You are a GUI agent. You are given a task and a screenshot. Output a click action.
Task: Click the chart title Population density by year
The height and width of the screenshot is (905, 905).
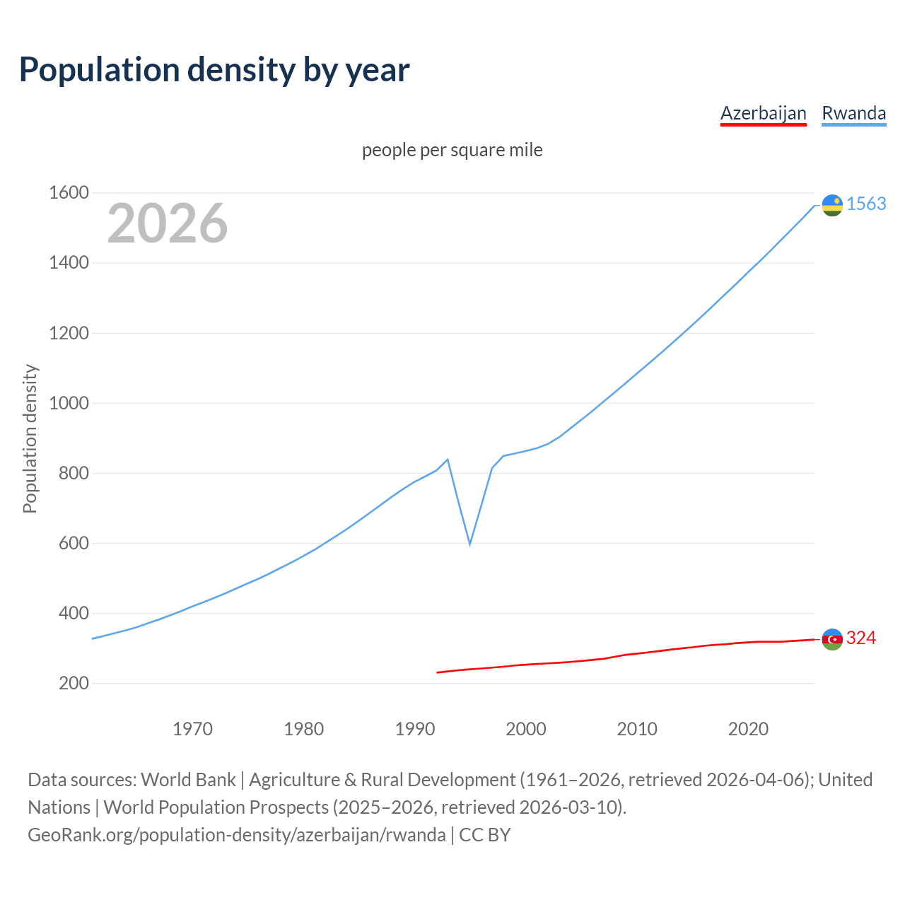(214, 70)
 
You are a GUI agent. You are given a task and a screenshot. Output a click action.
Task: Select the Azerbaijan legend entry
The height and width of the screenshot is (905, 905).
(763, 113)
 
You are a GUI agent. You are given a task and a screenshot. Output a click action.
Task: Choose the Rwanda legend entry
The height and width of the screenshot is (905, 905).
(853, 113)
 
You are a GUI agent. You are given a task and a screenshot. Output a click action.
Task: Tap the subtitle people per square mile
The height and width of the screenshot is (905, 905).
(452, 150)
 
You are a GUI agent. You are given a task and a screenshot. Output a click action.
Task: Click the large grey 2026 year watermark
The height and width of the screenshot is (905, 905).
(168, 223)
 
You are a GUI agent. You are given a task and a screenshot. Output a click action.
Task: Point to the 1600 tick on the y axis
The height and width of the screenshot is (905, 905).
(69, 192)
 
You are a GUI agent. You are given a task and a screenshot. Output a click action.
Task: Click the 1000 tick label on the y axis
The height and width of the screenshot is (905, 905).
(69, 403)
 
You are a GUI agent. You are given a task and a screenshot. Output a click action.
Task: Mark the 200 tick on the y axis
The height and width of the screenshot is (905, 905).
(74, 683)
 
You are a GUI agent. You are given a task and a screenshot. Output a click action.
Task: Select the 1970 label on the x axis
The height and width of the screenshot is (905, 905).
(192, 729)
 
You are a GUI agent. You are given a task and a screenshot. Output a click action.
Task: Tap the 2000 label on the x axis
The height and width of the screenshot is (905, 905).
(526, 729)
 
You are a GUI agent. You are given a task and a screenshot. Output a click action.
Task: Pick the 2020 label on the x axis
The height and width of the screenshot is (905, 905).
(748, 729)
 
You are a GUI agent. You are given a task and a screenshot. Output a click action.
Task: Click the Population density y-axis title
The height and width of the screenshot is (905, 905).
(30, 438)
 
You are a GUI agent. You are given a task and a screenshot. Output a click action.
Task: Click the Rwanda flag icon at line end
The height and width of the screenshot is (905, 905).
(832, 205)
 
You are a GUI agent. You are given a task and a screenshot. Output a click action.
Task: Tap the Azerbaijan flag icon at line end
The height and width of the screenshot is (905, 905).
(832, 639)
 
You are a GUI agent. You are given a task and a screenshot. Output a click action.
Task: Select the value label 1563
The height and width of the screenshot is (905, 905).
(866, 204)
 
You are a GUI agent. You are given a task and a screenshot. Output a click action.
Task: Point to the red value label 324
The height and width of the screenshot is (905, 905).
(861, 638)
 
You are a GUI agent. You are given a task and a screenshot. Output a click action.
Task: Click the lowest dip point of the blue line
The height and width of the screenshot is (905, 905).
(469, 544)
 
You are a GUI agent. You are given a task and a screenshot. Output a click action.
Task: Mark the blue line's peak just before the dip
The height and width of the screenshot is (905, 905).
(448, 460)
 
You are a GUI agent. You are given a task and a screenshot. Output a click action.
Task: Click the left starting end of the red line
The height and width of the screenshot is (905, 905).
(438, 672)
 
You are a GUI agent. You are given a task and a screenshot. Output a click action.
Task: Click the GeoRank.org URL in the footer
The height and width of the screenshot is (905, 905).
(237, 835)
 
